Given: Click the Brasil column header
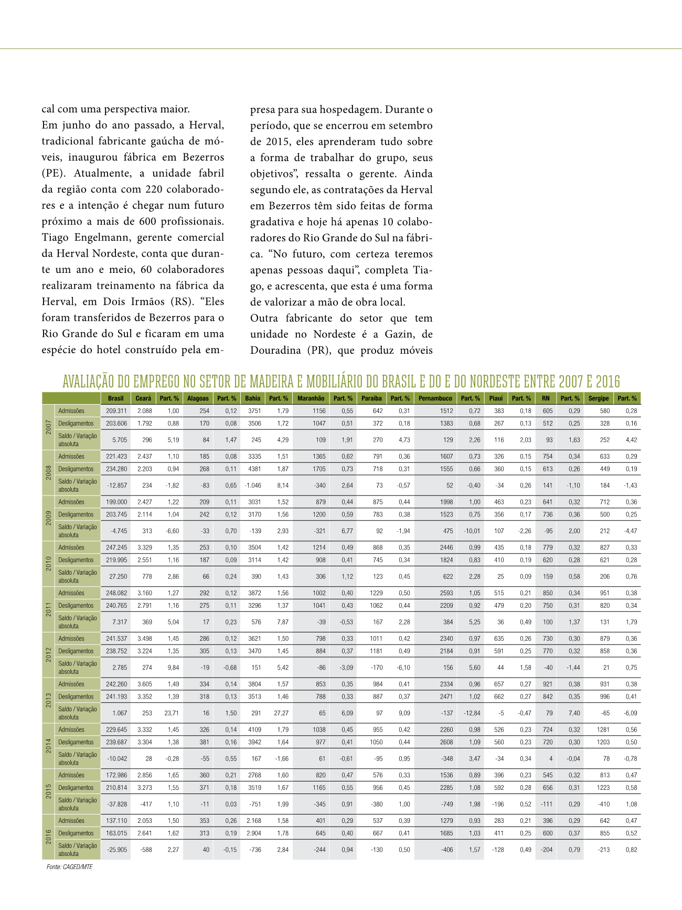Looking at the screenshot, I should click(115, 398).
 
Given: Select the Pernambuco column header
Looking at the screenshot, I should click(435, 398).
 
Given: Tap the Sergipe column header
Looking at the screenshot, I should click(598, 398).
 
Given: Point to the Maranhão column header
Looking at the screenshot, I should click(311, 398).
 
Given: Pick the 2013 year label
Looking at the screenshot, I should click(48, 700).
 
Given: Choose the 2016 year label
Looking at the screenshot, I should click(48, 837).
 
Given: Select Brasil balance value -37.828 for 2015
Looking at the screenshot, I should click(116, 804).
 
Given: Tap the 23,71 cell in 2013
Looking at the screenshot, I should click(172, 713).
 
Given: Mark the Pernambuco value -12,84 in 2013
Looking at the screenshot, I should click(472, 713).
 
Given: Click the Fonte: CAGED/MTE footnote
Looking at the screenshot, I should click(69, 867).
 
